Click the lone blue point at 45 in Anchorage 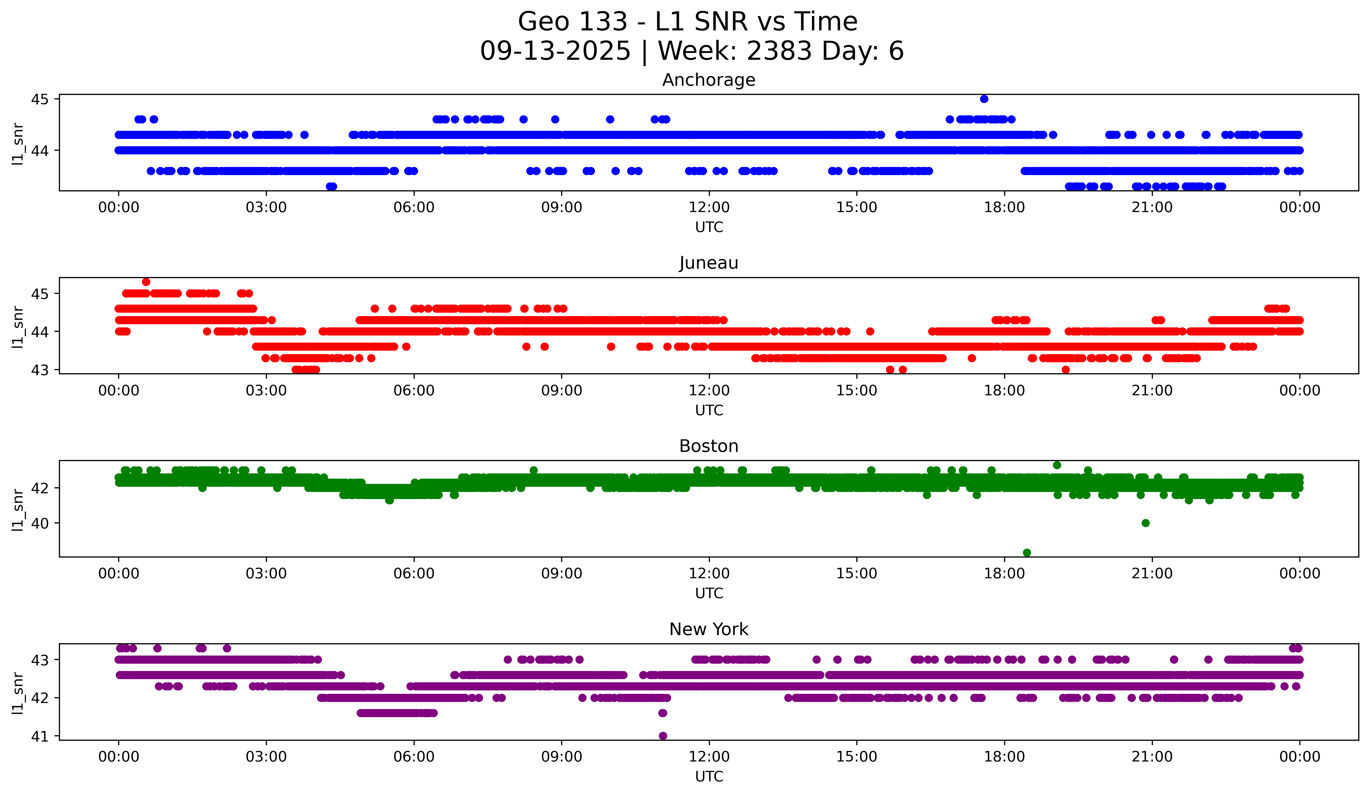click(x=984, y=99)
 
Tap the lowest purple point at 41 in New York click(x=663, y=736)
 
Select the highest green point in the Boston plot click(x=1057, y=465)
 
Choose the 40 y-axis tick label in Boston click(x=40, y=523)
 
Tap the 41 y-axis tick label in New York click(x=40, y=736)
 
